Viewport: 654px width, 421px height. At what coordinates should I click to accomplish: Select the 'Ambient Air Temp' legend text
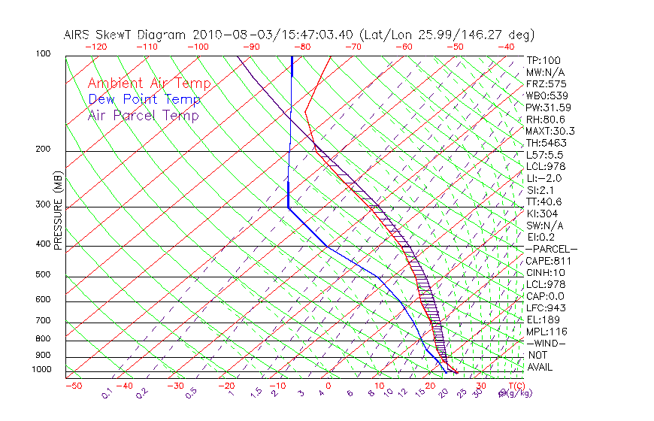tap(149, 83)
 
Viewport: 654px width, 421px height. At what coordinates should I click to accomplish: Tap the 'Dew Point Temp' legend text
tap(144, 100)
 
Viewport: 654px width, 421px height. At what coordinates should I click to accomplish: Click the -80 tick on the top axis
tap(301, 47)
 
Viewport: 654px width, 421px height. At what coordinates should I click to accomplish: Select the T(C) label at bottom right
tap(516, 386)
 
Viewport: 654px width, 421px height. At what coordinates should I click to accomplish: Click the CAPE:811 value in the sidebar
tap(546, 261)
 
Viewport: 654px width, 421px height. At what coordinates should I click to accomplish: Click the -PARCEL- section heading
tap(551, 249)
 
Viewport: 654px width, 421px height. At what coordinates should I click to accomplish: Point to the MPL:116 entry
tap(546, 332)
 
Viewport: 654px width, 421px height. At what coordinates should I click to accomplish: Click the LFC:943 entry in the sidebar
tap(546, 307)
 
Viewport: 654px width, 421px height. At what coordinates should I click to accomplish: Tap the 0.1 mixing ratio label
tap(107, 392)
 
